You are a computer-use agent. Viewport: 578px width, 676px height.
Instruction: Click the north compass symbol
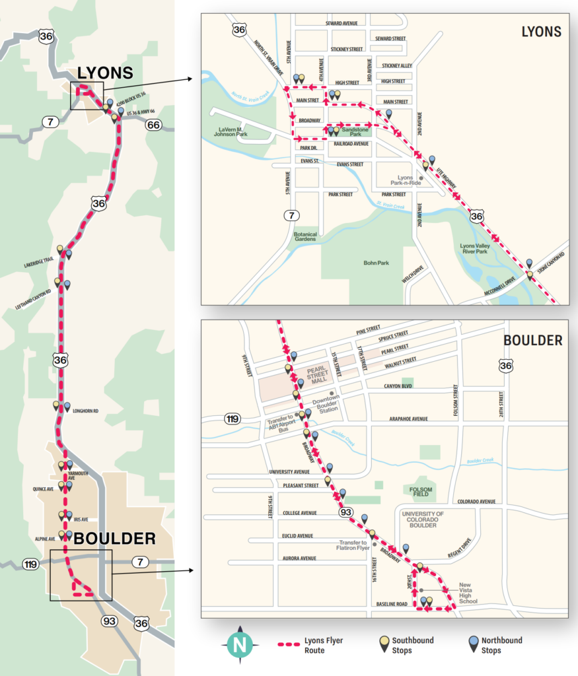coord(240,645)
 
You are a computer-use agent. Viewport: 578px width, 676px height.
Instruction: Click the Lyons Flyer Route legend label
coord(324,645)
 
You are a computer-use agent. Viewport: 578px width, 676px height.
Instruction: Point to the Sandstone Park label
coord(355,131)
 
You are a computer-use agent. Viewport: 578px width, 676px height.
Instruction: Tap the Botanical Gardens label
coord(306,237)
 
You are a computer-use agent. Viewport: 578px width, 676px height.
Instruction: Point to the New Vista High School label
coord(468,593)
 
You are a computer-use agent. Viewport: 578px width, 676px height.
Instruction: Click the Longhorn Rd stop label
coord(85,411)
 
